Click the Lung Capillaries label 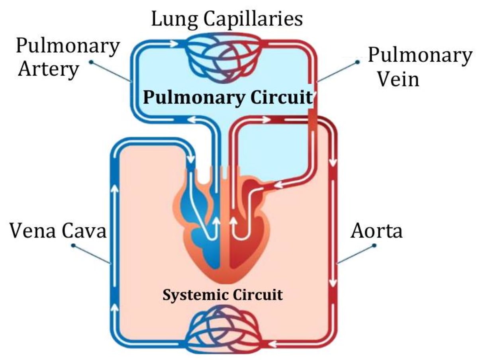pos(227,19)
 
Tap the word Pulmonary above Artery pos(68,46)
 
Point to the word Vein pos(398,79)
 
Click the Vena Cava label pos(58,231)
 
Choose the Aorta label pos(376,231)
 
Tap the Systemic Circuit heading pos(223,295)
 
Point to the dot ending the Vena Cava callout pos(73,245)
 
